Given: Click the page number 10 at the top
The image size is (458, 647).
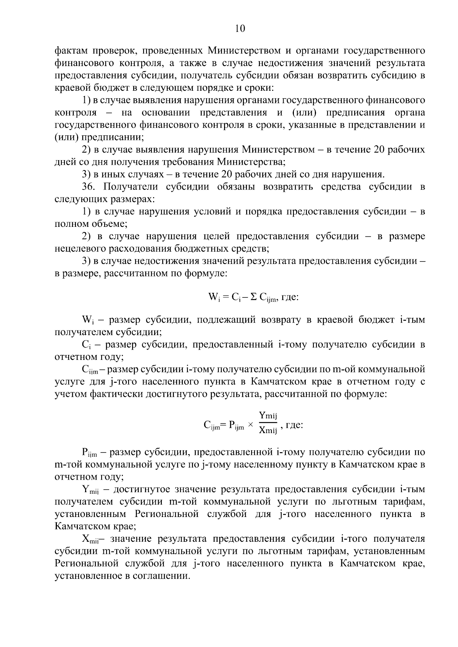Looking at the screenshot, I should click(240, 29).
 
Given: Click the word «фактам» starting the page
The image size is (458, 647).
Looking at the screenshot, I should click(72, 51).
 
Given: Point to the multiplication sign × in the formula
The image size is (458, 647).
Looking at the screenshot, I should click(250, 425).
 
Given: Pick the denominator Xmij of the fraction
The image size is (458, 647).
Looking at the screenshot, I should click(268, 431).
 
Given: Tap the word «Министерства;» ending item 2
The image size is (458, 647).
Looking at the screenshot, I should click(251, 162).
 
